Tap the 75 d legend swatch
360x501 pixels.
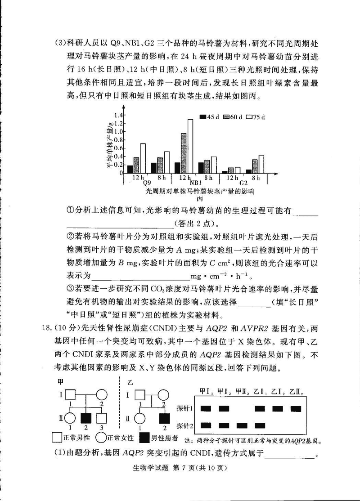pos(248,117)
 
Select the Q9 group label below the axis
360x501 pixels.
pos(147,183)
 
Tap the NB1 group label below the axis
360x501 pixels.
pos(195,183)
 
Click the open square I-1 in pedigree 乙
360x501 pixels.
pos(140,395)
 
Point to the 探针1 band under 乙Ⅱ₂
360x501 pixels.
pos(296,408)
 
